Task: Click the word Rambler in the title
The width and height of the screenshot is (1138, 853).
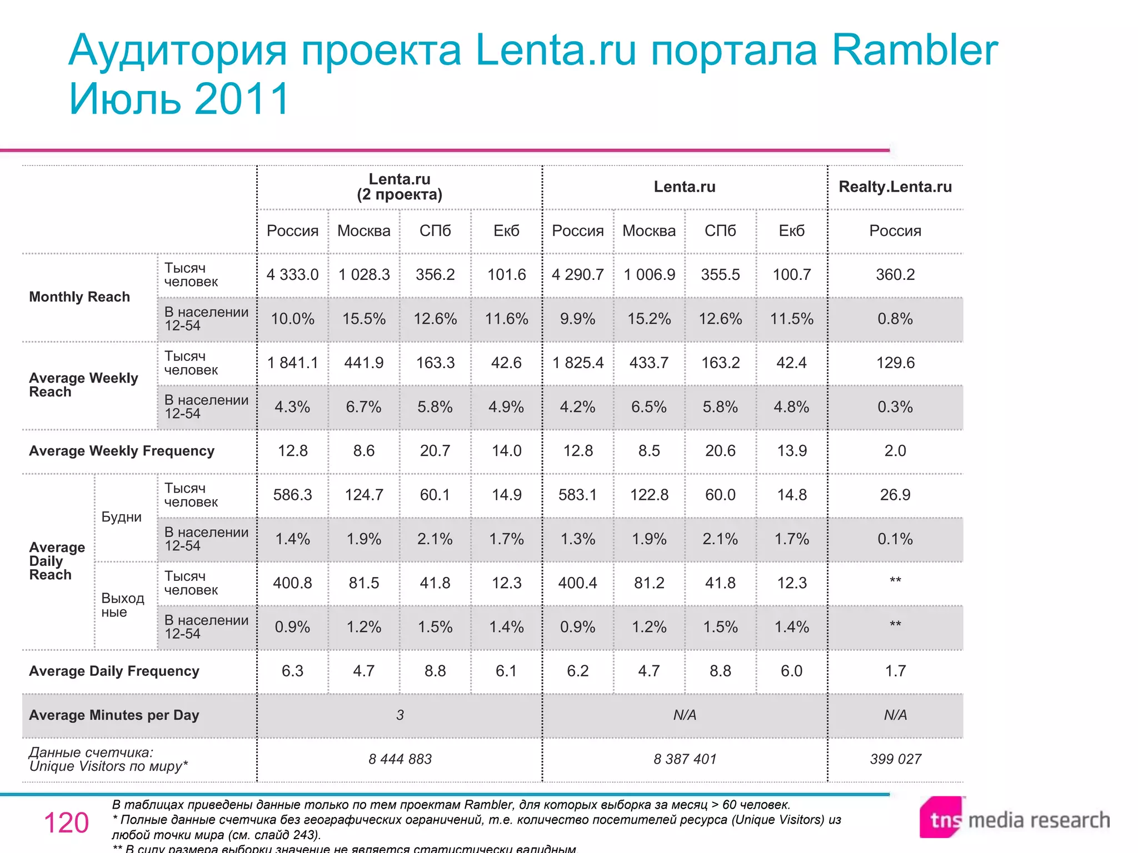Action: [914, 50]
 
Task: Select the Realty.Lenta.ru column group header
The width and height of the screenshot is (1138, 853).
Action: [895, 187]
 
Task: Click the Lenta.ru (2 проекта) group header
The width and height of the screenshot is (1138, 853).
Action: [400, 187]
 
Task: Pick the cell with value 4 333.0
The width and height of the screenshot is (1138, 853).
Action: [292, 274]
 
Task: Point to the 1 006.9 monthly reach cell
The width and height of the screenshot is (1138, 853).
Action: [649, 274]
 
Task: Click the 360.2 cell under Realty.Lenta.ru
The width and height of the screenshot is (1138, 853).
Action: [895, 274]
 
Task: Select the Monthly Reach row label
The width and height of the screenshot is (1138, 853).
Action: [79, 297]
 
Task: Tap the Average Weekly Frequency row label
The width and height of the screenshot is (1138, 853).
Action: [121, 451]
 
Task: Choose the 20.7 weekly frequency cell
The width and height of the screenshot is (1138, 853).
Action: [435, 451]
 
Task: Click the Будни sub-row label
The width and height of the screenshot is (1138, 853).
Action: [121, 517]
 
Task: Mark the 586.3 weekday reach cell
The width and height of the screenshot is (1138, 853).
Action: [292, 495]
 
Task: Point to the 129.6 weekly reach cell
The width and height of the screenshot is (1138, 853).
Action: [895, 363]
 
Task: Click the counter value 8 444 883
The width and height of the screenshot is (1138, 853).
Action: [400, 759]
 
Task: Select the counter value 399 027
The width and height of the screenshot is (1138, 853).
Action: [895, 759]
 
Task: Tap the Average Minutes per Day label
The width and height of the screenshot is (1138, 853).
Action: [114, 715]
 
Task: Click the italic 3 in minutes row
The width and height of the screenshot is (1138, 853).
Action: [400, 715]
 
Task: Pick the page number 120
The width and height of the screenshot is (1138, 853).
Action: [66, 823]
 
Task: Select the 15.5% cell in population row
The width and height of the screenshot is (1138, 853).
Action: [363, 319]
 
